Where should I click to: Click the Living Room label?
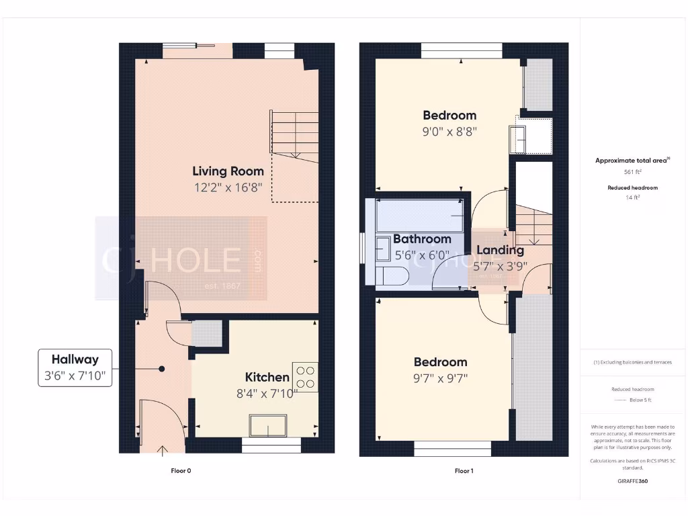click(228, 171)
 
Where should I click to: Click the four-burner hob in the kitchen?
click(305, 376)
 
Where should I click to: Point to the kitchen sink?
click(268, 426)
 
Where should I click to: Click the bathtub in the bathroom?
click(419, 216)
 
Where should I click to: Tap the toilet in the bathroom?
click(390, 275)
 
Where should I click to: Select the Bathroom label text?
click(422, 239)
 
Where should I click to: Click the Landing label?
click(500, 251)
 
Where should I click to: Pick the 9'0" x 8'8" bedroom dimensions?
click(449, 132)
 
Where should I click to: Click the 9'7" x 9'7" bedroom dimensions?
click(440, 378)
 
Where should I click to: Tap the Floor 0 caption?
click(181, 471)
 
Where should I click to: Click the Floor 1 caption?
click(464, 471)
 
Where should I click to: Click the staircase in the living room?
click(294, 134)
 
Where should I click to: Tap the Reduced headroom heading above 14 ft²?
click(632, 187)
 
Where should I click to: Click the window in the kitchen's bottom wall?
click(271, 445)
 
